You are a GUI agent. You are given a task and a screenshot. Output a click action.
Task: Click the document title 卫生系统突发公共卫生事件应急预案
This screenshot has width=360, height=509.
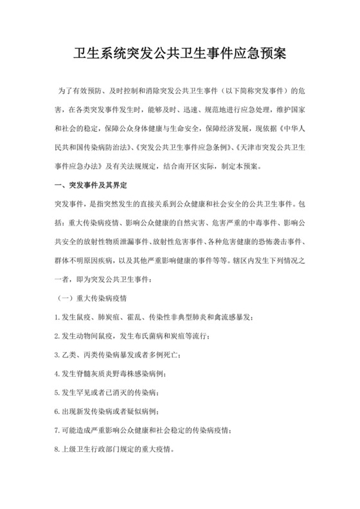point(180,55)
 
